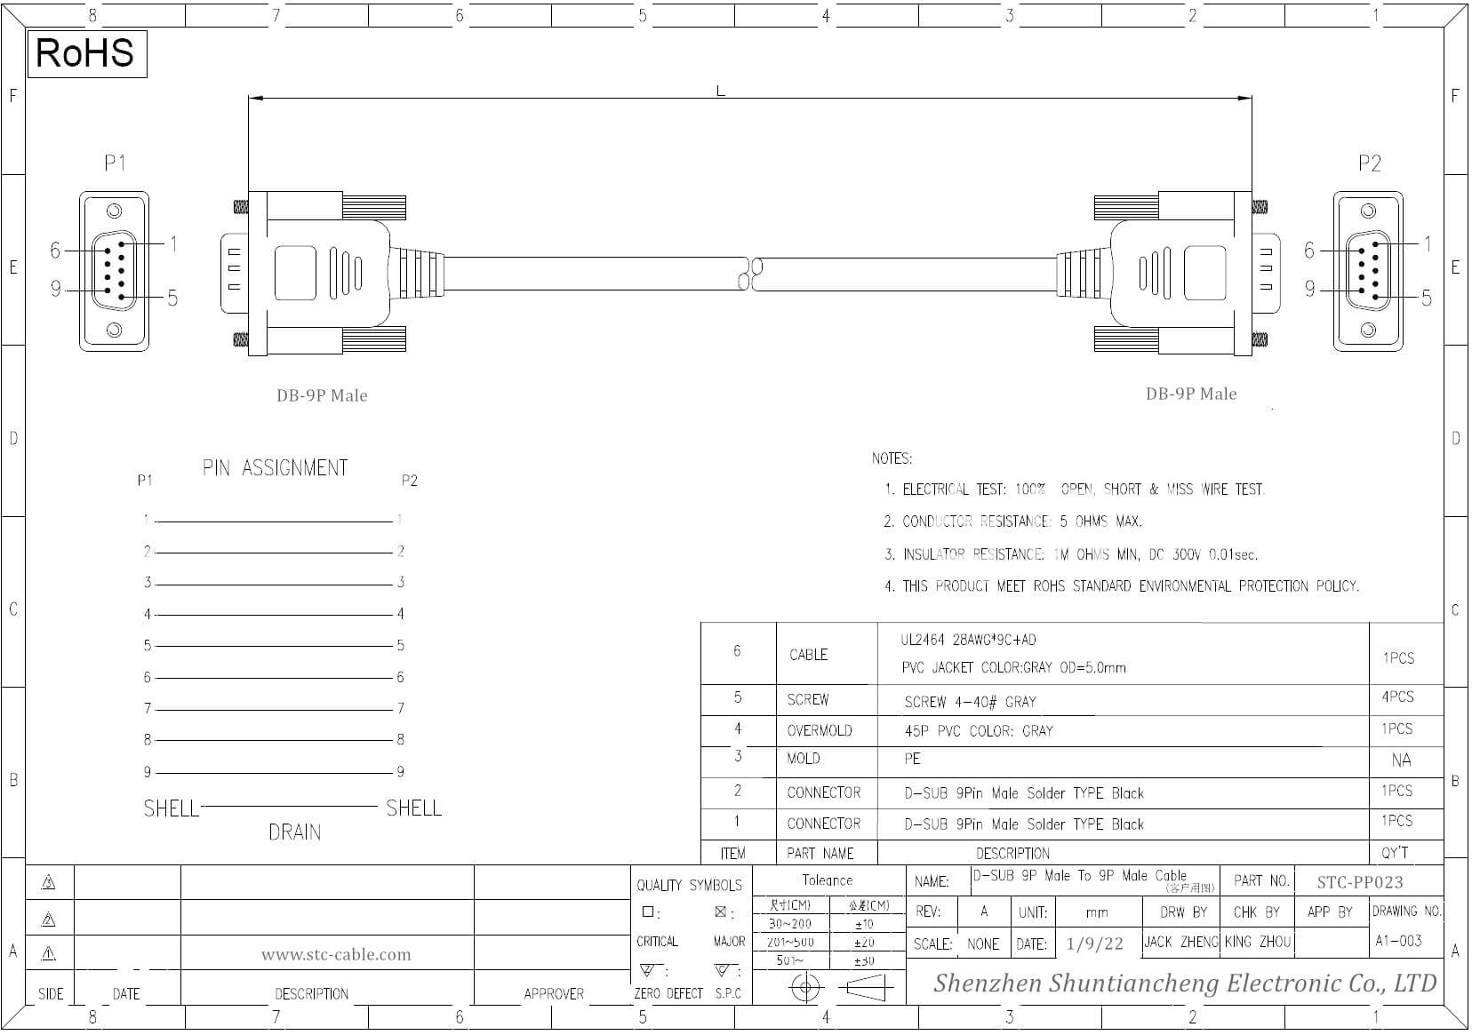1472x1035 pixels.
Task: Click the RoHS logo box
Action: (x=86, y=53)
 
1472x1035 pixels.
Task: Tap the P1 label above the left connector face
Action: (x=115, y=163)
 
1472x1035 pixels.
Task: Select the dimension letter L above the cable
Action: (x=720, y=91)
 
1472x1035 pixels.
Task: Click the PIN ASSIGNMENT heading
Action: (x=275, y=468)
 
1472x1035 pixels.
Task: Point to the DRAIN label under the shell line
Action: (x=294, y=832)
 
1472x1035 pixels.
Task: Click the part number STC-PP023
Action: (x=1360, y=881)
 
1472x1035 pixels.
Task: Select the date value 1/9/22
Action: (x=1094, y=943)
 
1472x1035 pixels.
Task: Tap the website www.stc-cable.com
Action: (x=336, y=955)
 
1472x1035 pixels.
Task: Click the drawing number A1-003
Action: (x=1398, y=941)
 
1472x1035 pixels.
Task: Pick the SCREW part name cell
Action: (x=807, y=700)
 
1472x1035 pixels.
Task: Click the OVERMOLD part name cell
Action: (x=819, y=730)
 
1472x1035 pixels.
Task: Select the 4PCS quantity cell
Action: (x=1397, y=697)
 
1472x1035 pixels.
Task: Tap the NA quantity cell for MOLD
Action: (x=1401, y=760)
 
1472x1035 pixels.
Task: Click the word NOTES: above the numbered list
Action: (x=892, y=458)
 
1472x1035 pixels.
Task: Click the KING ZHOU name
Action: (x=1257, y=942)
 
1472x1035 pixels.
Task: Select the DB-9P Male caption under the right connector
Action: (x=1190, y=394)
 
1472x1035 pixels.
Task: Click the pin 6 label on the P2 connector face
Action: (x=1308, y=251)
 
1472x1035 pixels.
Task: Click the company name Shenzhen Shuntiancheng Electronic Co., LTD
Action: (x=1184, y=983)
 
